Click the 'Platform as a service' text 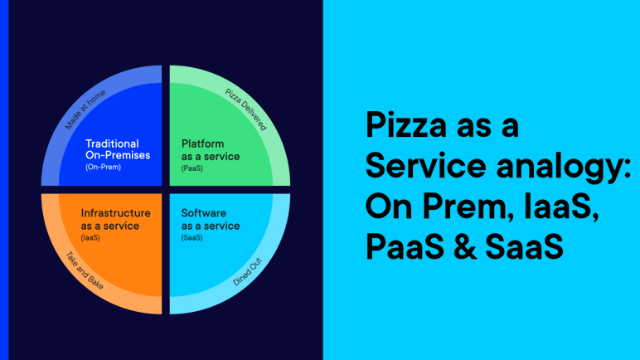tap(211, 150)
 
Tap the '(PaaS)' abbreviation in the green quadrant tap(192, 168)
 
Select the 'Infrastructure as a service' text tap(115, 219)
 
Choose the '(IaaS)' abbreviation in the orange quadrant tap(90, 237)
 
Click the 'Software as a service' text tap(211, 219)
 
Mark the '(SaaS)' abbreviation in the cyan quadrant tap(192, 237)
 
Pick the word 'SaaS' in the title tap(531, 246)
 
